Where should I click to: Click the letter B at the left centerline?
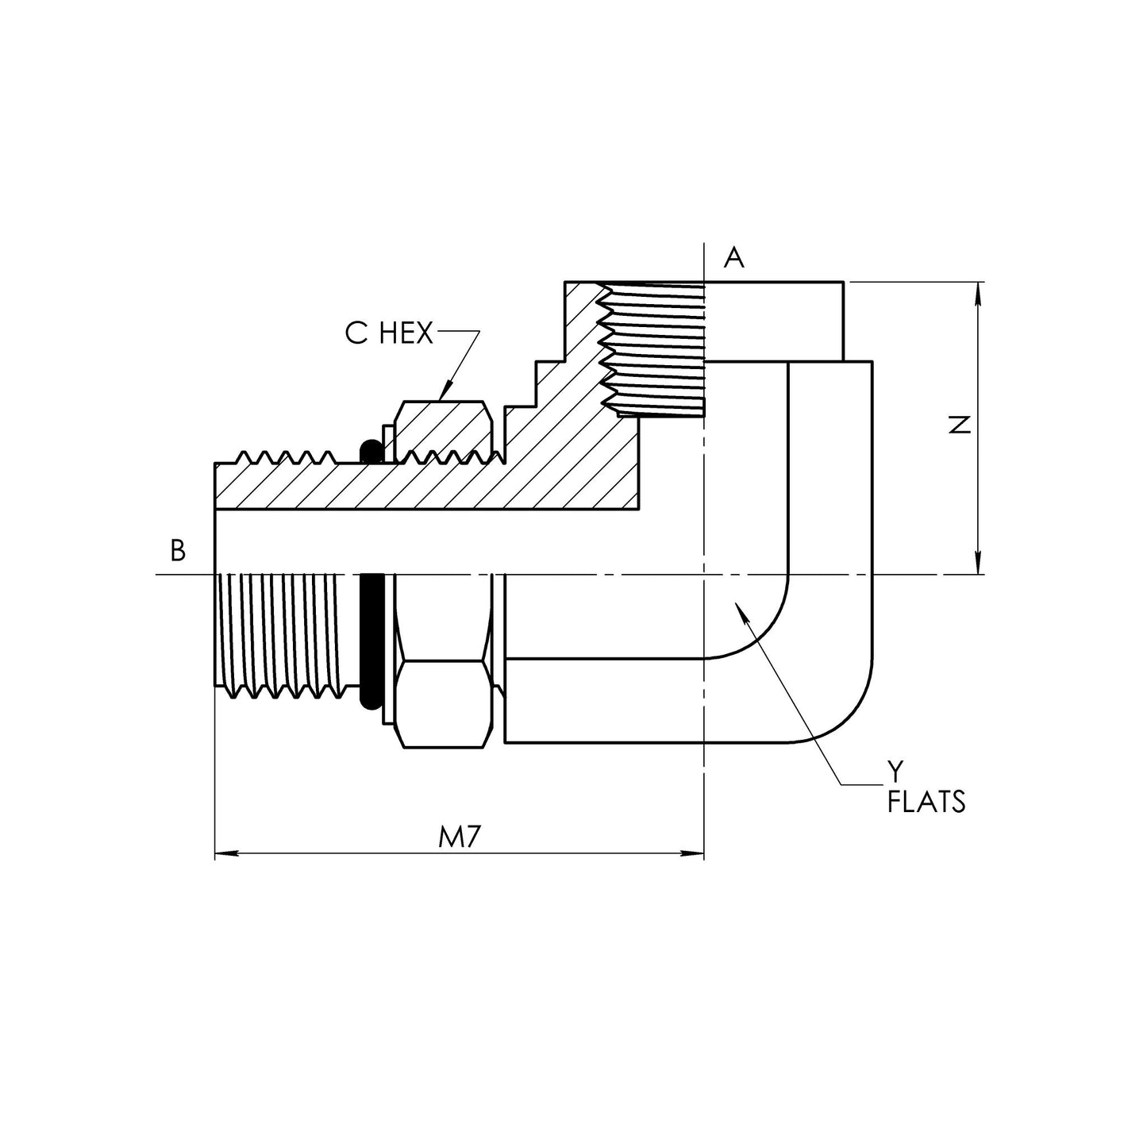179,550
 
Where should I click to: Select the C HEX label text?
389,334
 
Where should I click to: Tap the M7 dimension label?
461,837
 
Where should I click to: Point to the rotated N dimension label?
960,425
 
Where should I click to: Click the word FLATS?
926,803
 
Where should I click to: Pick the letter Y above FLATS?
895,771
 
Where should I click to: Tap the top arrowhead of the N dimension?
979,291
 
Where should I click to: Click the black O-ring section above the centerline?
370,452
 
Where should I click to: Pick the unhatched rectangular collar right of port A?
774,321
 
